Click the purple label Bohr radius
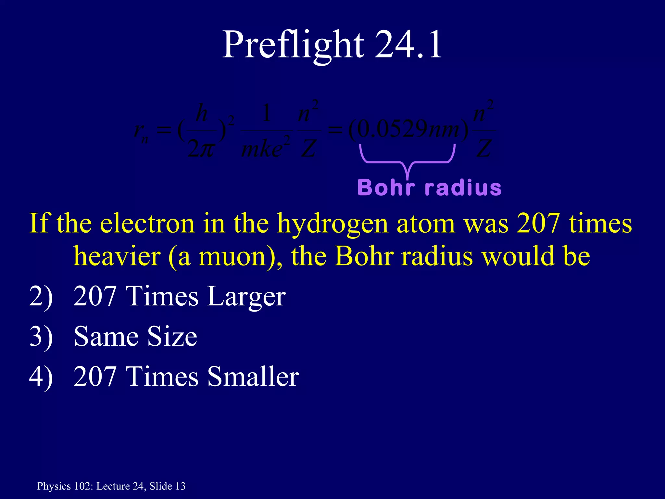tap(429, 188)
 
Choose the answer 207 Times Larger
tap(180, 296)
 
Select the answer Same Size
tap(135, 336)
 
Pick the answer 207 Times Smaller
tap(186, 377)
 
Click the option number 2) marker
tap(41, 296)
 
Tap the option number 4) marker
tap(41, 377)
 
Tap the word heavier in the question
tap(117, 256)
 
